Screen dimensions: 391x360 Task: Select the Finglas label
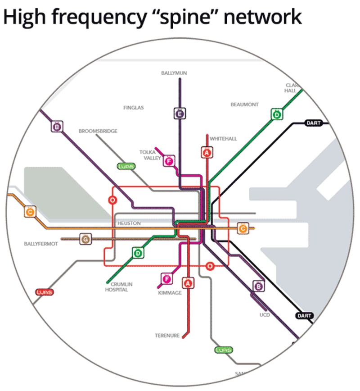(x=133, y=108)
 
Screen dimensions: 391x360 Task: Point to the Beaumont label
(x=244, y=104)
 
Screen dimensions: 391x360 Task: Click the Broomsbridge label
(x=98, y=131)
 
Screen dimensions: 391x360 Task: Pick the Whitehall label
(x=223, y=138)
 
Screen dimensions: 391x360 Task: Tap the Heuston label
(x=129, y=223)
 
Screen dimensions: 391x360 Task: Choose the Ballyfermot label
(x=41, y=244)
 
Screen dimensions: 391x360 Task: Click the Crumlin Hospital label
(x=116, y=287)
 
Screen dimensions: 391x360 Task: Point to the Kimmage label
(x=170, y=293)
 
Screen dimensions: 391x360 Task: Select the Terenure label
(x=167, y=336)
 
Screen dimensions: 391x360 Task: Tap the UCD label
(x=264, y=314)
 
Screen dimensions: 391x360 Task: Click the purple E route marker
(x=180, y=114)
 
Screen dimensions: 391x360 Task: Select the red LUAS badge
(x=44, y=292)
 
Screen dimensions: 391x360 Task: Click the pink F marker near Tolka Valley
(x=169, y=161)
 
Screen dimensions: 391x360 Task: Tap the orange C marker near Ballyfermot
(x=30, y=212)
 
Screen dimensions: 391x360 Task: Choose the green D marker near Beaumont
(x=276, y=114)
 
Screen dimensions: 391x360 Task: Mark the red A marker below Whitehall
(x=207, y=153)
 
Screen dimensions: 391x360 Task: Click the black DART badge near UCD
(x=305, y=316)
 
